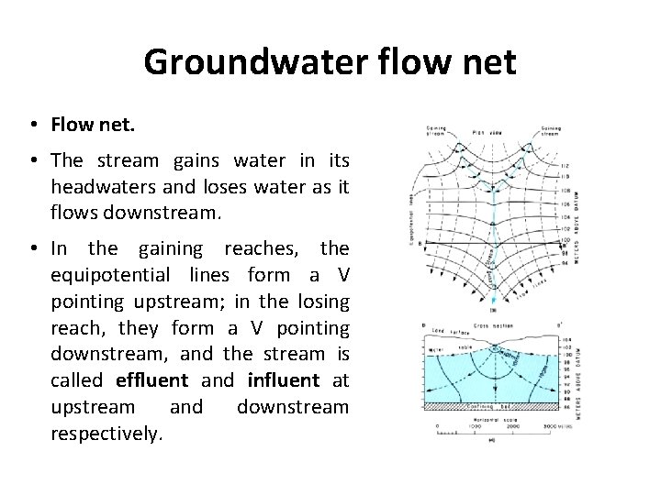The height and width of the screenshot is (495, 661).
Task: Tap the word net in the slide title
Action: point(490,63)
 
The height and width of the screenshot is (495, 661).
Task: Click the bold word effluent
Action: point(151,379)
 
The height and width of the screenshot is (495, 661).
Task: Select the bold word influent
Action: point(284,379)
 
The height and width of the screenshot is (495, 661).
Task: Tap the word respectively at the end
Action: point(106,433)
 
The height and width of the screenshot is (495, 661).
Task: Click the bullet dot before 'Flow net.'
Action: point(31,125)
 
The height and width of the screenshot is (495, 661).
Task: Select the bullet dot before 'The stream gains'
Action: point(31,161)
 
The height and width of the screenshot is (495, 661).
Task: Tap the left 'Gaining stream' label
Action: point(434,132)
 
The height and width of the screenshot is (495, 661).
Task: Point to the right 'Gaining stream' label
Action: point(551,132)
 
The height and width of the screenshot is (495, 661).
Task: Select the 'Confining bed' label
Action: point(487,405)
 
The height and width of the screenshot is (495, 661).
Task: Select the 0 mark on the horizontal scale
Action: point(439,427)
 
